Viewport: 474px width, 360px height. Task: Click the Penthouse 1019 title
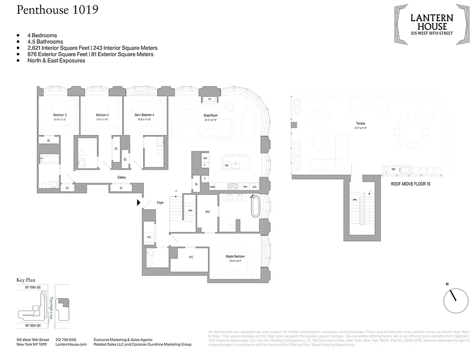(x=58, y=10)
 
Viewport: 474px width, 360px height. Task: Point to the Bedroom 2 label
(x=59, y=115)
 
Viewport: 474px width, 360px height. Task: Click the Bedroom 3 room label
(x=102, y=115)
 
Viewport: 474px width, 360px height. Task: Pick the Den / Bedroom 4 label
(x=144, y=115)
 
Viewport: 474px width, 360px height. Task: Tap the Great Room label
(x=210, y=115)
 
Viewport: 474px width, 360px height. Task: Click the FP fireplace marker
(x=209, y=99)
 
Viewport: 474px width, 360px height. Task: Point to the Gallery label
(x=122, y=177)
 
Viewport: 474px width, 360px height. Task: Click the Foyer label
(x=160, y=202)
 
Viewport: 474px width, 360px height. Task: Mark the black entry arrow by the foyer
(x=139, y=203)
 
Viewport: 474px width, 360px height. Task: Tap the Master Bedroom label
(x=235, y=256)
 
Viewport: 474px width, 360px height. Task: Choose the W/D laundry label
(x=149, y=237)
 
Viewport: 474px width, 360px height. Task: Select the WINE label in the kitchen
(x=212, y=187)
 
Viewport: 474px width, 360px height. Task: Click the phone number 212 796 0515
(x=66, y=339)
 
